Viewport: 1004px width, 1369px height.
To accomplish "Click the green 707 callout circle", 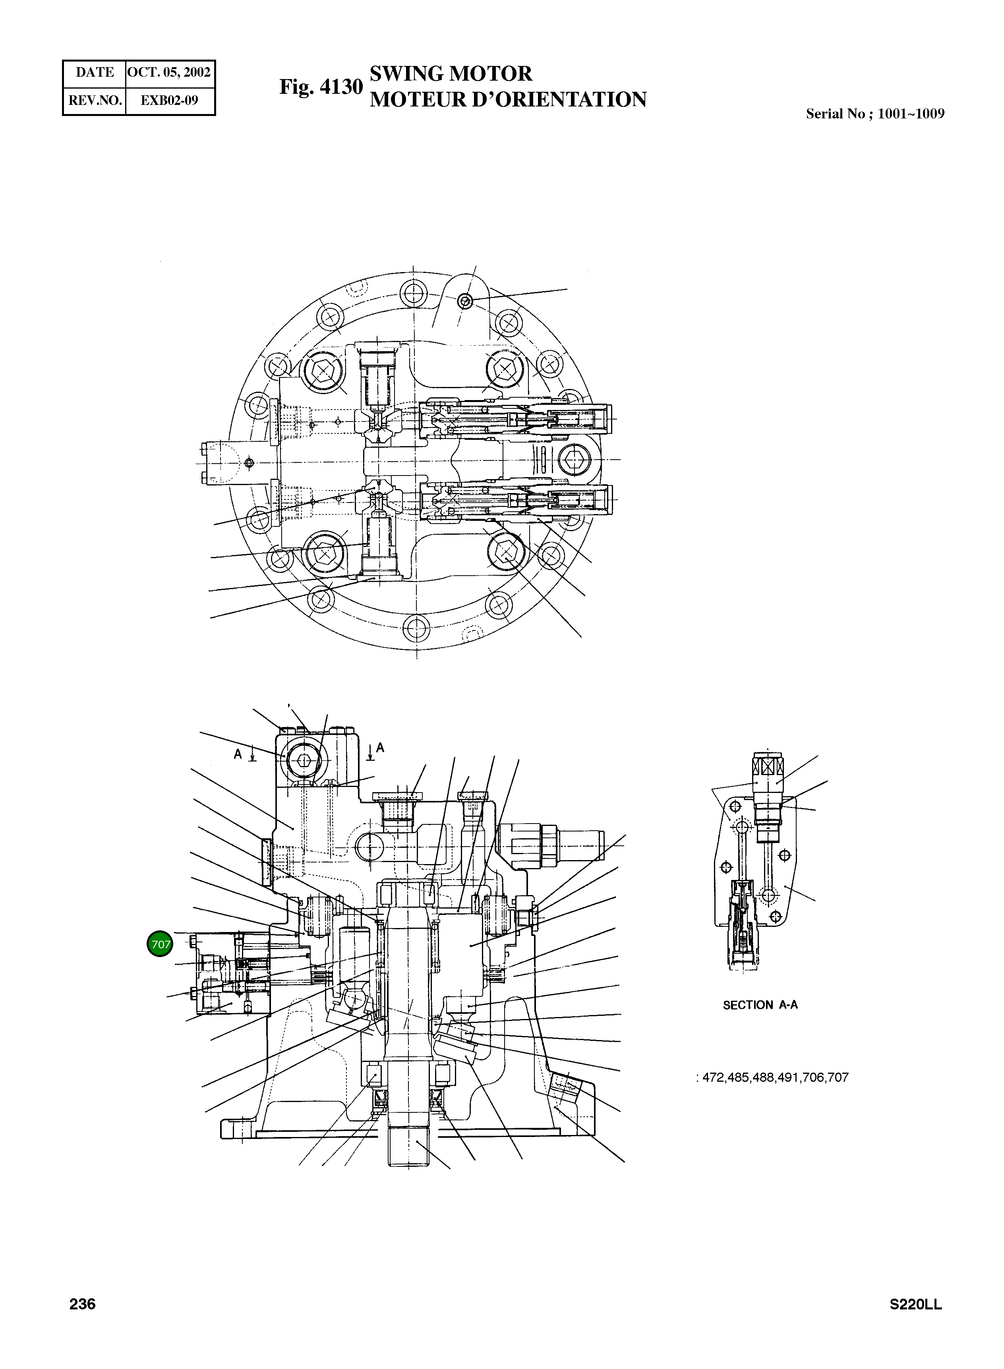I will (161, 944).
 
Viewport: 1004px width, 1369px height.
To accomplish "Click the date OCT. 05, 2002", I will (170, 72).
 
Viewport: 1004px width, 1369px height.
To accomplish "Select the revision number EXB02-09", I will (170, 100).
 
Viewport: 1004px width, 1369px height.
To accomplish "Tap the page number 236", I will (83, 1304).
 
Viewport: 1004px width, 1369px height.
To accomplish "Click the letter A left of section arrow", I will (238, 754).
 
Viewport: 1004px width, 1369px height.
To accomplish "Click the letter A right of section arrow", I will (381, 748).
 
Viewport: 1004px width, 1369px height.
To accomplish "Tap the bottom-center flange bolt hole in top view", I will (416, 626).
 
